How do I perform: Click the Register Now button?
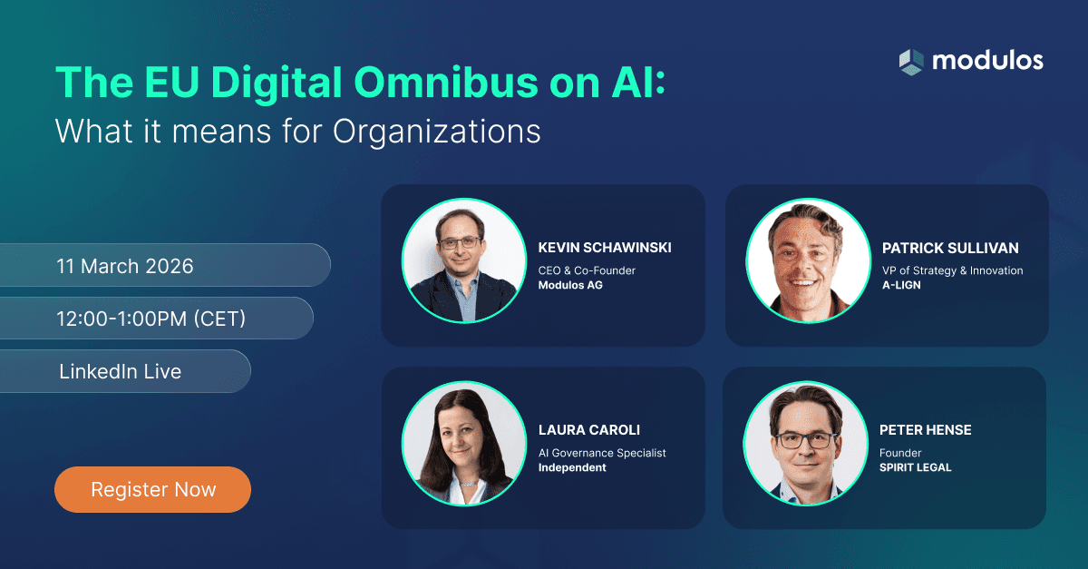click(152, 490)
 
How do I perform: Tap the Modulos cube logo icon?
click(910, 62)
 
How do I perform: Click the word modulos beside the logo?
click(987, 61)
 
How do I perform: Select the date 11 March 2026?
click(125, 266)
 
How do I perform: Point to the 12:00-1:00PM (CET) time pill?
click(151, 319)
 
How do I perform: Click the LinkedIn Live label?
click(120, 371)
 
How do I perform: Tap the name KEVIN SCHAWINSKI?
click(605, 248)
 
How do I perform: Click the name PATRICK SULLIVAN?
click(950, 248)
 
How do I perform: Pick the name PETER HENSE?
click(925, 430)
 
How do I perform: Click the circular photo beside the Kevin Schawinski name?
click(464, 260)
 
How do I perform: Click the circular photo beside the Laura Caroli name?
click(464, 443)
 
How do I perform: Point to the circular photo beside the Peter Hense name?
click(806, 443)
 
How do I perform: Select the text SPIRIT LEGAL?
click(916, 467)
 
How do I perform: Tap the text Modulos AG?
click(570, 286)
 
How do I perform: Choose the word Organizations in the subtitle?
click(436, 131)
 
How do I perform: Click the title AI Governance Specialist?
click(603, 453)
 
